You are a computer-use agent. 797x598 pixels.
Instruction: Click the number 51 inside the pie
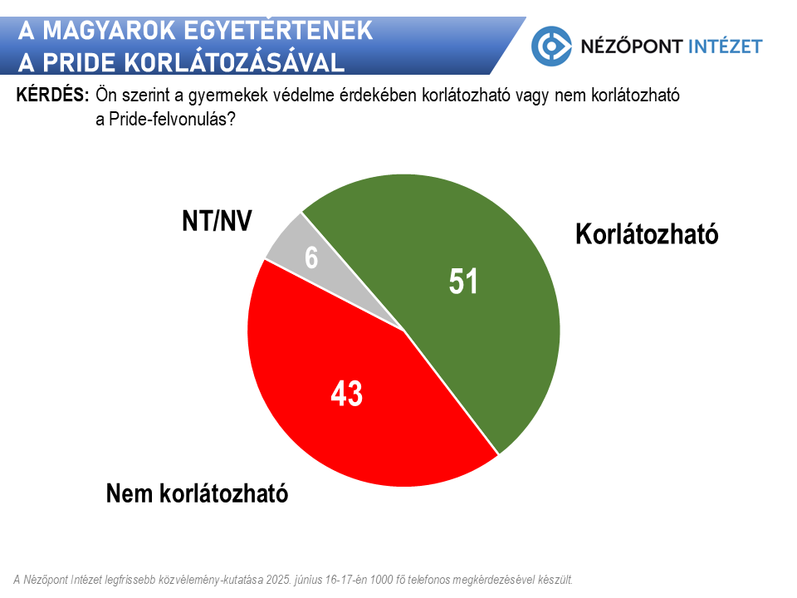pos(464,282)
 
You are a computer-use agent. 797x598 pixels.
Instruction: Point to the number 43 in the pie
pos(347,394)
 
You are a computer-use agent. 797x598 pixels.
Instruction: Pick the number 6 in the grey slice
pos(311,257)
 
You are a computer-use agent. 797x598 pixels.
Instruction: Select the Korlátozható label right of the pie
pos(647,234)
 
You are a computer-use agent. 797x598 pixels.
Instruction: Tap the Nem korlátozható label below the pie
pos(197,494)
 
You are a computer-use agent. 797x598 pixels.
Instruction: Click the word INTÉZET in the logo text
pos(724,46)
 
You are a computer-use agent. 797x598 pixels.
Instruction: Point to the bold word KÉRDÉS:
pos(52,96)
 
